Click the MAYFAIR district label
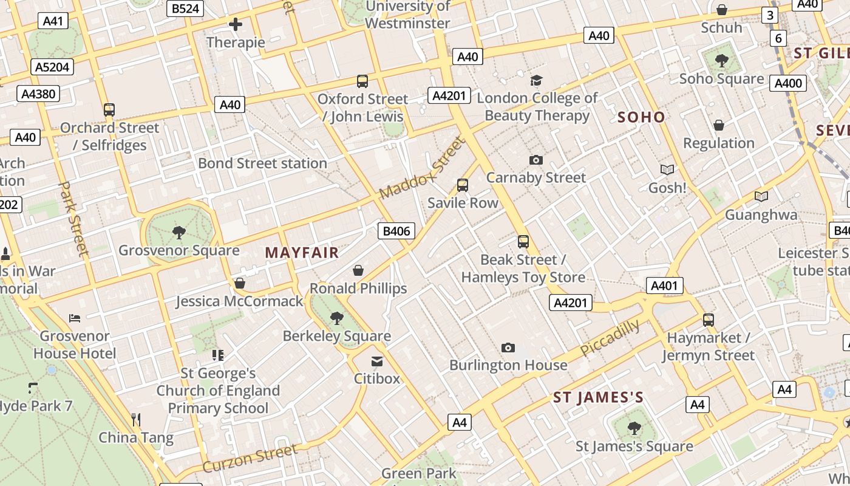point(302,253)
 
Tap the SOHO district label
point(641,117)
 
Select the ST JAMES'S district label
point(598,398)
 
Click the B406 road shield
point(397,231)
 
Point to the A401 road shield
point(665,286)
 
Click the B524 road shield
point(185,9)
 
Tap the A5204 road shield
point(52,67)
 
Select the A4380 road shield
point(39,94)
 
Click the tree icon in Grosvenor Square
point(178,232)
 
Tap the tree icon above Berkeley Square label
point(336,318)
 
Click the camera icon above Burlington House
point(508,347)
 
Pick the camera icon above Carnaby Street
point(535,160)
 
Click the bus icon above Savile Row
point(463,185)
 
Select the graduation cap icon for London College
point(536,80)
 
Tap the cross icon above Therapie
point(236,24)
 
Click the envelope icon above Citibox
point(377,361)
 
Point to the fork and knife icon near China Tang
point(136,419)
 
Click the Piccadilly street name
point(610,338)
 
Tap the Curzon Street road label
point(250,459)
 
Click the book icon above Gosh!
point(667,169)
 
